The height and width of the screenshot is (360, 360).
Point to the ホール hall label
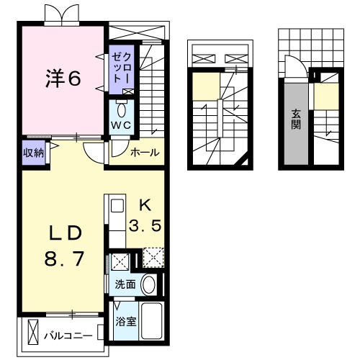pos(145,152)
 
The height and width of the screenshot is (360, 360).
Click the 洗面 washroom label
pos(125,284)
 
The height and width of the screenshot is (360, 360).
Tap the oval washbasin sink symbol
pos(149,284)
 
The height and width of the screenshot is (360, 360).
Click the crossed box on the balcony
pos(32,332)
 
